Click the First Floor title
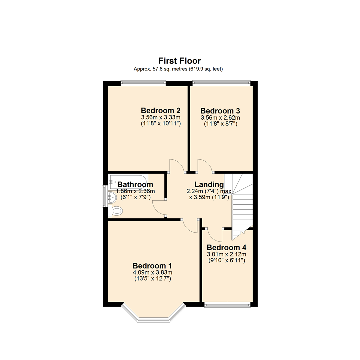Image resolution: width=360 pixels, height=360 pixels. pyautogui.click(x=179, y=61)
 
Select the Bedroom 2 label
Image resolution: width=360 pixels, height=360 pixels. pyautogui.click(x=161, y=110)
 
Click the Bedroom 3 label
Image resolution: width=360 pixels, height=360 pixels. pyautogui.click(x=220, y=111)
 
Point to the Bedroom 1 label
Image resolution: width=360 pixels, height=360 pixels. pyautogui.click(x=152, y=266)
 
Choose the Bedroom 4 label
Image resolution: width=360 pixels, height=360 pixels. pyautogui.click(x=226, y=248)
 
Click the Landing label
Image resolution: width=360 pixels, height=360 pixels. pyautogui.click(x=209, y=184)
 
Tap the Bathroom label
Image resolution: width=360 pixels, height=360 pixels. pyautogui.click(x=135, y=184)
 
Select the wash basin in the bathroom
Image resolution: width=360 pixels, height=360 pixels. pyautogui.click(x=111, y=198)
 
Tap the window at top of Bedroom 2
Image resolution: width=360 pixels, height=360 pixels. pyautogui.click(x=143, y=83)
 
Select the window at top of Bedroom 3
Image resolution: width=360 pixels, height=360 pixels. pyautogui.click(x=221, y=83)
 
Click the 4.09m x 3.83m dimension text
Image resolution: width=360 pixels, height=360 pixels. pyautogui.click(x=152, y=272)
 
